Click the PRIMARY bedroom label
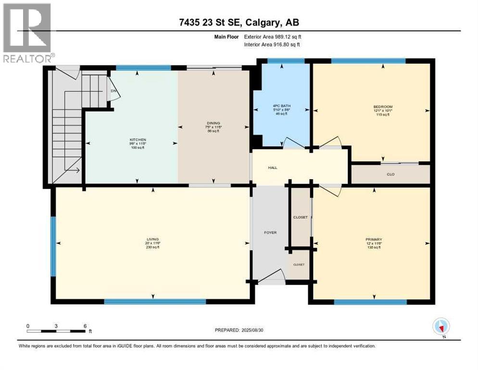tap(373, 239)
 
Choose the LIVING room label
tap(153, 239)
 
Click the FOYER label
tap(270, 233)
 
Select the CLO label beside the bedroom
tap(390, 174)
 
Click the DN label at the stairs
tap(113, 91)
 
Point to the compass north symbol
tap(440, 327)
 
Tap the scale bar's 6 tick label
tap(85, 326)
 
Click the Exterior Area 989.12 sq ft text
tap(273, 36)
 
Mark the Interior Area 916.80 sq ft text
tap(273, 44)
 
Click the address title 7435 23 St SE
tap(239, 23)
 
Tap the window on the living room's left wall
tap(53, 246)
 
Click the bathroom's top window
tap(286, 61)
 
